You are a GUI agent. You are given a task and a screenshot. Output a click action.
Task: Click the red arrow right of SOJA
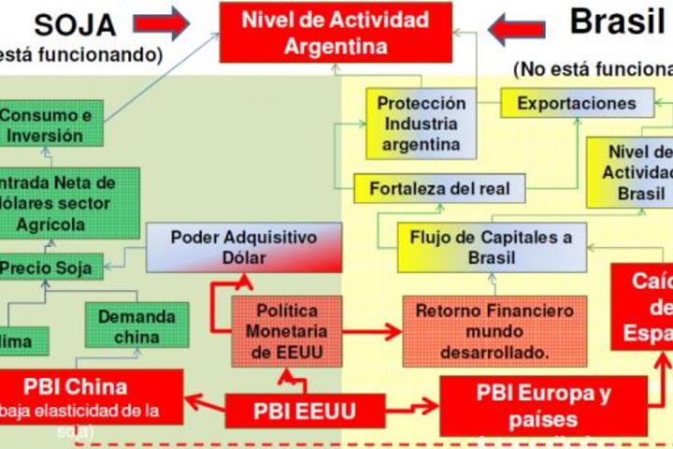(x=161, y=22)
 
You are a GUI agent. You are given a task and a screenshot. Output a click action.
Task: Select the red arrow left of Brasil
(x=517, y=29)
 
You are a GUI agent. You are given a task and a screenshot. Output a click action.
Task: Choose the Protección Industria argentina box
(x=421, y=123)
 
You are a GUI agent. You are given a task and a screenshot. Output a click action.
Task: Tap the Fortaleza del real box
(x=439, y=188)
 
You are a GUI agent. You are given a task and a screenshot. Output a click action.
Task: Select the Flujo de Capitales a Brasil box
(x=492, y=247)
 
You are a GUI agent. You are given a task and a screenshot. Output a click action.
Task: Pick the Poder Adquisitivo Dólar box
(x=244, y=246)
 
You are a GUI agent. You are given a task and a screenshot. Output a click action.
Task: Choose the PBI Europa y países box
(x=543, y=404)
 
